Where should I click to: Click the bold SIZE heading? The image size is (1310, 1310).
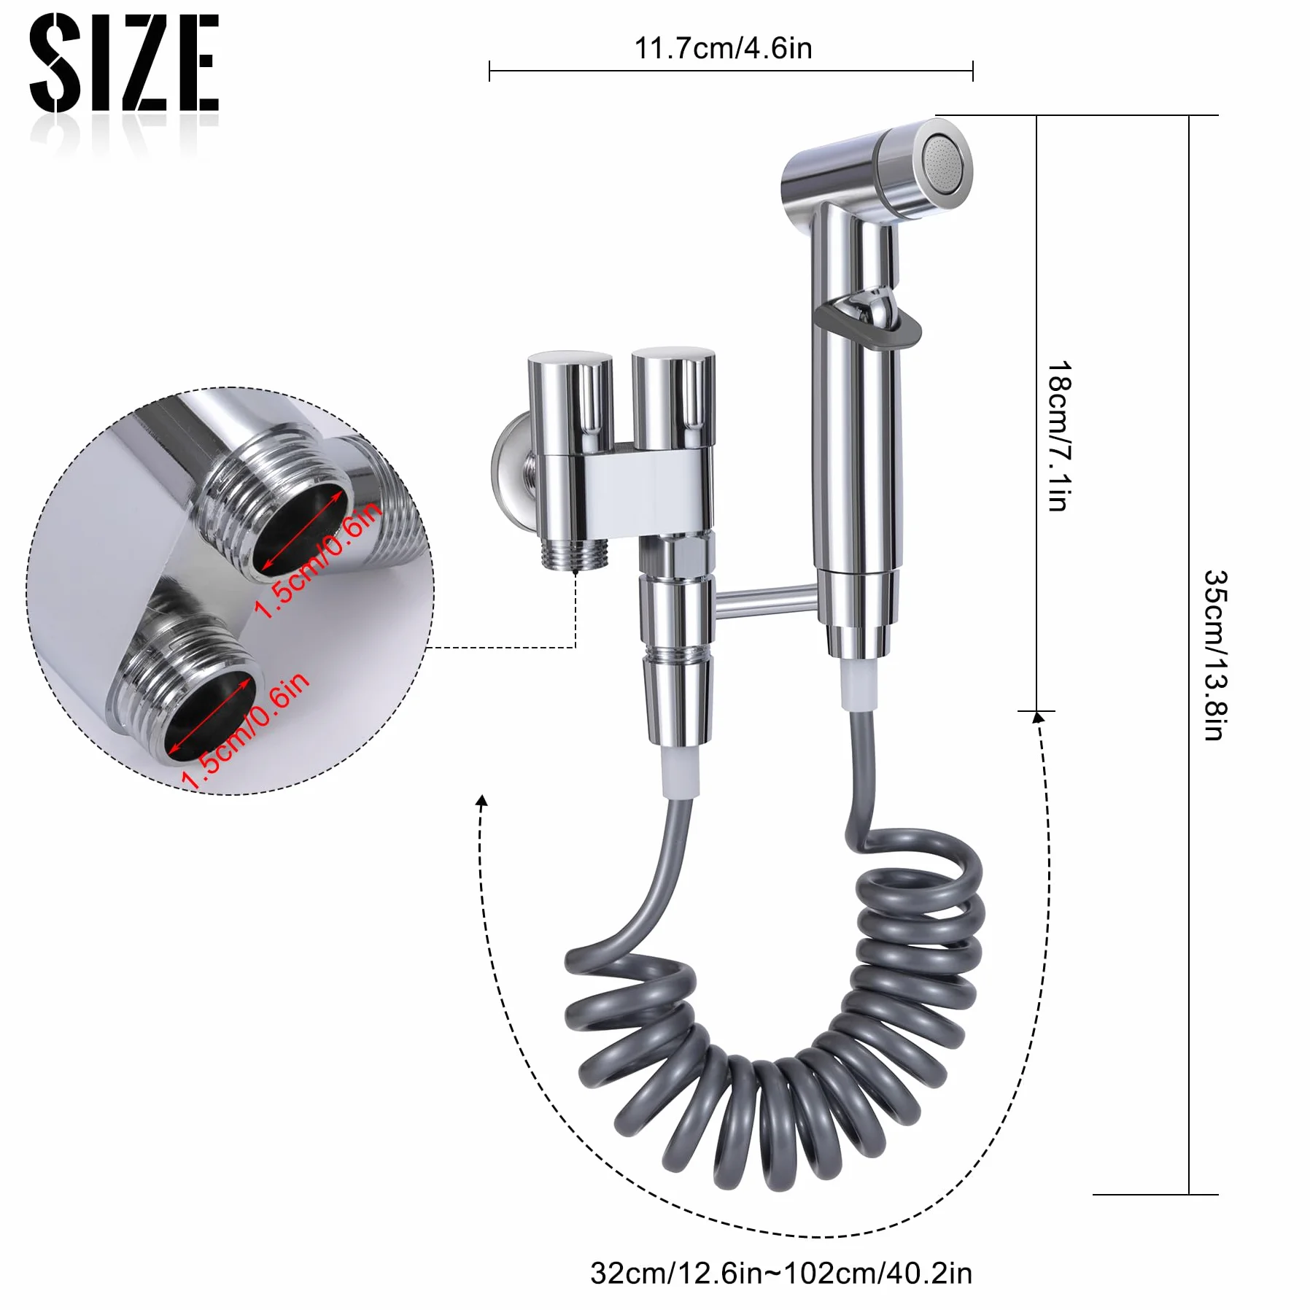124,63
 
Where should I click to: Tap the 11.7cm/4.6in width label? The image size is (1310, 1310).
723,49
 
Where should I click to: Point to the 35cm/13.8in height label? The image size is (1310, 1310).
1216,655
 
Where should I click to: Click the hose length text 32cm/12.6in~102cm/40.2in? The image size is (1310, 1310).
781,1274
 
